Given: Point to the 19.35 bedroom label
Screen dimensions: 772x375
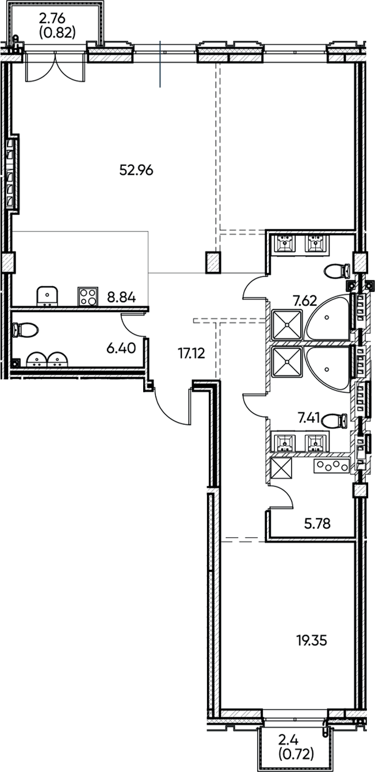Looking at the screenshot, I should [x=312, y=640].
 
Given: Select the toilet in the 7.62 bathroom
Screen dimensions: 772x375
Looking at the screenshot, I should [x=337, y=270].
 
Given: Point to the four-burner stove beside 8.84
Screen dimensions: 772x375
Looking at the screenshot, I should [x=87, y=296].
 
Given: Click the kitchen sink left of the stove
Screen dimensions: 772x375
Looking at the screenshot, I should [x=47, y=295].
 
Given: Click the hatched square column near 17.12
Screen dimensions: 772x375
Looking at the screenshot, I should [x=213, y=262].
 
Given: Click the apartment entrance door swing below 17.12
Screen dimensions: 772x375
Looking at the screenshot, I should [x=173, y=406].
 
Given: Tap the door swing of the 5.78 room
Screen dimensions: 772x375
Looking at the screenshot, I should [x=281, y=496].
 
